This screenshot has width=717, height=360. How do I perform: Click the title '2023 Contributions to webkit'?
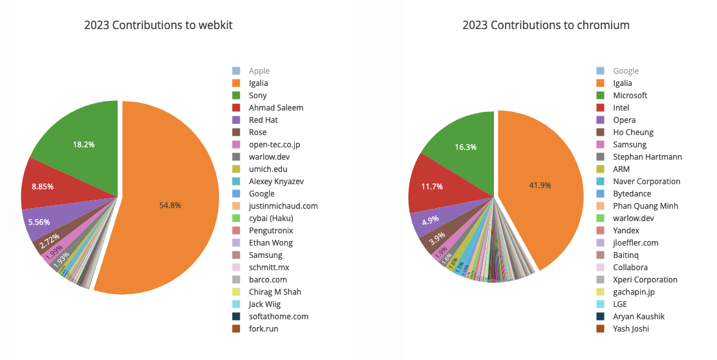[158, 25]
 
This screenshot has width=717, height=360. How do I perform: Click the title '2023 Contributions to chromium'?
[546, 25]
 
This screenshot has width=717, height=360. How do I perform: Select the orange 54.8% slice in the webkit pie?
[170, 205]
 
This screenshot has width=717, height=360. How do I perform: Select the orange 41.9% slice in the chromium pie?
[540, 185]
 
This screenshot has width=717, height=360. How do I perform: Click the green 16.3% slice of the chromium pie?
[466, 147]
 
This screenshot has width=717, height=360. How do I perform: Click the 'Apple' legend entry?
[259, 71]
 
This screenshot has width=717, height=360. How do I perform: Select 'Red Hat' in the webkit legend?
[264, 120]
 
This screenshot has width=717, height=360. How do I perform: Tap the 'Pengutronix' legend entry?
[271, 231]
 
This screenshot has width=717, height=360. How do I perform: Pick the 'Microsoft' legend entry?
[630, 96]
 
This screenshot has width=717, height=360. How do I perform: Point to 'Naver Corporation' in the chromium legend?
[647, 182]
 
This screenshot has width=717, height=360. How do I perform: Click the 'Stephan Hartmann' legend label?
[647, 157]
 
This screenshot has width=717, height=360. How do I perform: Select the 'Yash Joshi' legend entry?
[630, 329]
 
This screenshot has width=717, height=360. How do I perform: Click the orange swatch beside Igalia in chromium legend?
[601, 83]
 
